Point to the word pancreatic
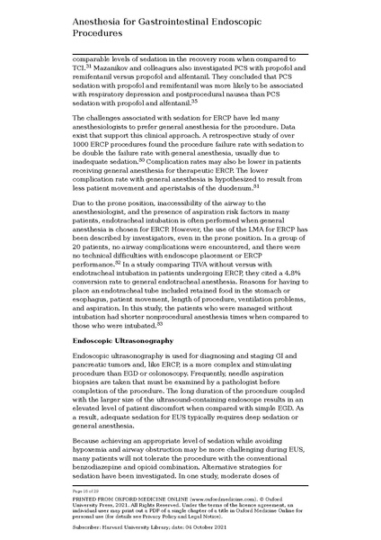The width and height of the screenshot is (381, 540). pos(93,368)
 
